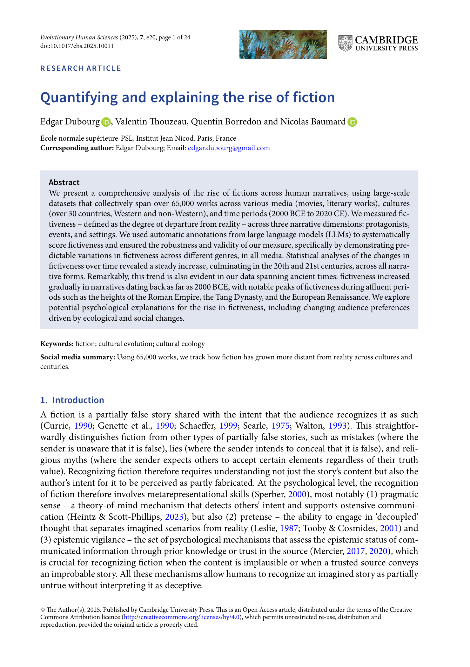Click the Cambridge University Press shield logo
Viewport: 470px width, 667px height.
click(x=345, y=43)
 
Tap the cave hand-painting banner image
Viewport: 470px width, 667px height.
click(x=283, y=44)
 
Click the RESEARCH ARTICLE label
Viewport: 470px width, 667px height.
click(x=81, y=68)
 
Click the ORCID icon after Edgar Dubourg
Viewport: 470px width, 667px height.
click(x=106, y=122)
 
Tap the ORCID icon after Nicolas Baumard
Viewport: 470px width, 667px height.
click(x=352, y=122)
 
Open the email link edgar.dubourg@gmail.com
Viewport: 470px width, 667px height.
click(x=229, y=148)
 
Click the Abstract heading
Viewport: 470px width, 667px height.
click(x=64, y=182)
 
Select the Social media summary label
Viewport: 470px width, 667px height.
click(x=77, y=357)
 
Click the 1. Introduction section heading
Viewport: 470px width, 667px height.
click(x=72, y=400)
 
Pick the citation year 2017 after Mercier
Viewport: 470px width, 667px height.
click(x=355, y=551)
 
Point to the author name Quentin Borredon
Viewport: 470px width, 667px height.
click(x=226, y=122)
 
